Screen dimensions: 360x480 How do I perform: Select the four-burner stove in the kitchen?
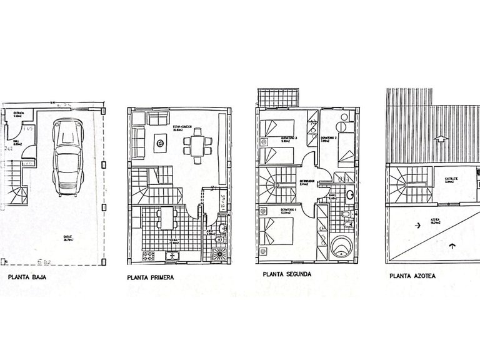pyautogui.click(x=149, y=256)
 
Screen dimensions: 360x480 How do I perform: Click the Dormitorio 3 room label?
pyautogui.click(x=288, y=138)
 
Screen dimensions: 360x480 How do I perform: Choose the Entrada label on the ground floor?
pyautogui.click(x=21, y=114)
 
